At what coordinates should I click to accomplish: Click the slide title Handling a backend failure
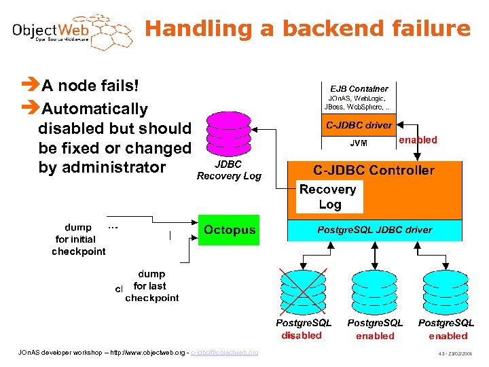[x=307, y=29]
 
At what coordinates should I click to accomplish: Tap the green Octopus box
[x=230, y=230]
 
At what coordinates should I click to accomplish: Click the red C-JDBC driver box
[x=359, y=125]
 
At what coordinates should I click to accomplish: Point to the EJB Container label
[x=359, y=88]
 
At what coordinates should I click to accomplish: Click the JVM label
[x=359, y=143]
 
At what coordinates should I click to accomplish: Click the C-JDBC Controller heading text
[x=374, y=171]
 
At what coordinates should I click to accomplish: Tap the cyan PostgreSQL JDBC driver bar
[x=375, y=230]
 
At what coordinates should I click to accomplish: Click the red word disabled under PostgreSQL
[x=302, y=336]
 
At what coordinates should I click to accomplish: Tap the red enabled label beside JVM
[x=418, y=140]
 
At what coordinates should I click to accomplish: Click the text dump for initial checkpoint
[x=79, y=239]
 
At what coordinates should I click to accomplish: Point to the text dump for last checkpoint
[x=151, y=286]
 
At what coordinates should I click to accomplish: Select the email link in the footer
[x=225, y=352]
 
